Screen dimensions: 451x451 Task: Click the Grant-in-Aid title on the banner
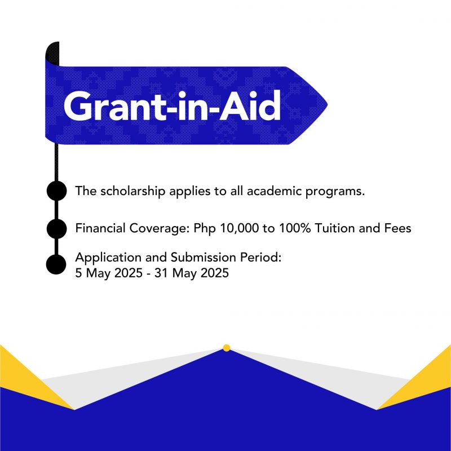click(172, 106)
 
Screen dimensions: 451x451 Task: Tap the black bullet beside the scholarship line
click(57, 191)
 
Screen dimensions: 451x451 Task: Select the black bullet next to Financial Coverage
click(57, 228)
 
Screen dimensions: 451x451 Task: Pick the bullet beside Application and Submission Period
click(56, 264)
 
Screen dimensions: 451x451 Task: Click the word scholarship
click(133, 191)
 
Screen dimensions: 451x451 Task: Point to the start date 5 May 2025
click(109, 273)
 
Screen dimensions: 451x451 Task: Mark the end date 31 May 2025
click(192, 273)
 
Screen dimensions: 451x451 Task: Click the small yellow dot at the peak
click(227, 348)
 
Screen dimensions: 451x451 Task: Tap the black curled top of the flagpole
click(52, 54)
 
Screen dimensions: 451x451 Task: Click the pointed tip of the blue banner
click(327, 105)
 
